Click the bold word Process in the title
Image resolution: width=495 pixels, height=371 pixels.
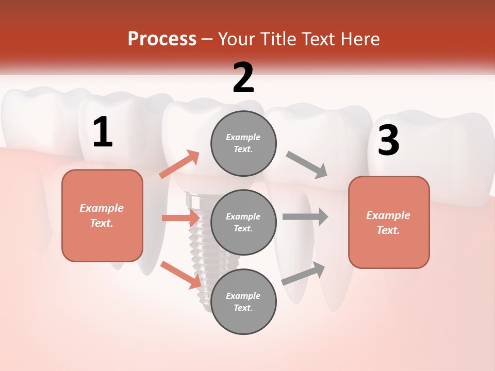click(162, 39)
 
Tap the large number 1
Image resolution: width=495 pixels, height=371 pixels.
click(103, 132)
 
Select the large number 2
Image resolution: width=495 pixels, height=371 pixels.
click(243, 78)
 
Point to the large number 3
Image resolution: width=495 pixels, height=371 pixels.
click(388, 140)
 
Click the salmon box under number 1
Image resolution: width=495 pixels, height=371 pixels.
click(102, 215)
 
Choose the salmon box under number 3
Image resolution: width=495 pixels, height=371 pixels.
click(389, 222)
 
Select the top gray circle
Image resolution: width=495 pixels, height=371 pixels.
click(243, 143)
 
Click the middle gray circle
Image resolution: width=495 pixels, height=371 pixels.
click(243, 222)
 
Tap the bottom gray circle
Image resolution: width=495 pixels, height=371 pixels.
click(243, 301)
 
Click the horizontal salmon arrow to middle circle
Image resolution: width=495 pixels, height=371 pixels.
click(180, 218)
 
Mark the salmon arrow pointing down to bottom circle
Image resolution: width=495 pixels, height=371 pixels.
click(180, 275)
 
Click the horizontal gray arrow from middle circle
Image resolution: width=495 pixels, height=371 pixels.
click(305, 217)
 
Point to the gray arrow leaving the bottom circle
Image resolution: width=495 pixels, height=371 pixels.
click(304, 273)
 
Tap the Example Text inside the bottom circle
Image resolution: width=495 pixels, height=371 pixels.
click(243, 301)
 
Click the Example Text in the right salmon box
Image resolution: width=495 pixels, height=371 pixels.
click(388, 223)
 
